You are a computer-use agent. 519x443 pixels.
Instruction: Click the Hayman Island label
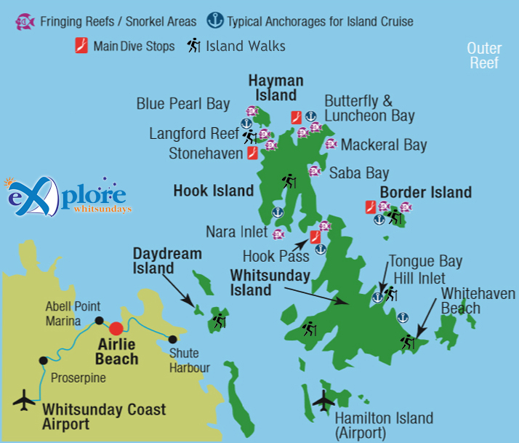[275, 87]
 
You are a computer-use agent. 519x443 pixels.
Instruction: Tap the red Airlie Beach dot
[116, 328]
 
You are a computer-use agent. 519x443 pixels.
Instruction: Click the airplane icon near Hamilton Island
[323, 399]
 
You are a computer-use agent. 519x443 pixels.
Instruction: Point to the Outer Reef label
[484, 55]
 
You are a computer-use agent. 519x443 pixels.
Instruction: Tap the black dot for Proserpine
[44, 360]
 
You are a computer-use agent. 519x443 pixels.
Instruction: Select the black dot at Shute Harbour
[172, 338]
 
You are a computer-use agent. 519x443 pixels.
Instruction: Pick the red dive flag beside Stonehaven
[252, 153]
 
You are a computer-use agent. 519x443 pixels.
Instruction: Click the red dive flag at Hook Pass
[315, 237]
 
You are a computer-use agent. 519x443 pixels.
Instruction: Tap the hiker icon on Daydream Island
[218, 320]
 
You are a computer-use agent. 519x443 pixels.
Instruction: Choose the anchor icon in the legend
[216, 21]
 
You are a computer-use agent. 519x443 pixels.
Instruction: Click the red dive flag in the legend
[82, 47]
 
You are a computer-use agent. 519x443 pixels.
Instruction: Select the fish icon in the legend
[24, 22]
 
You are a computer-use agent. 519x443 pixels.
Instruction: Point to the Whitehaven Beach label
[478, 301]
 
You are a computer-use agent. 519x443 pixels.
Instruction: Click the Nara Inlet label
[236, 233]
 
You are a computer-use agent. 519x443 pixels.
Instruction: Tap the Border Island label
[426, 193]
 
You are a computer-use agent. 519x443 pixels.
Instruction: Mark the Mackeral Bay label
[384, 145]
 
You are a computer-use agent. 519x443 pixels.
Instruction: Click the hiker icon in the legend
[193, 46]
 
